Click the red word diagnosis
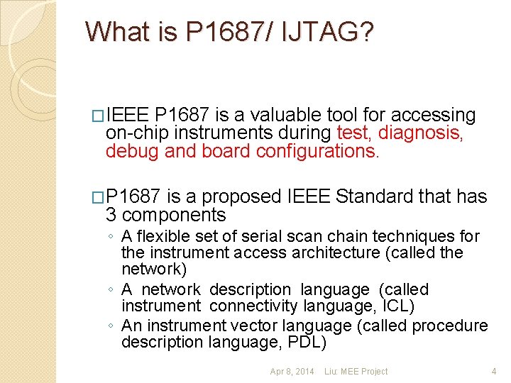(x=421, y=133)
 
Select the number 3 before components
(x=111, y=215)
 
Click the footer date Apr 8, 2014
(x=292, y=372)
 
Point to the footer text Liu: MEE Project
(x=356, y=372)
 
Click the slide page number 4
(x=494, y=372)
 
